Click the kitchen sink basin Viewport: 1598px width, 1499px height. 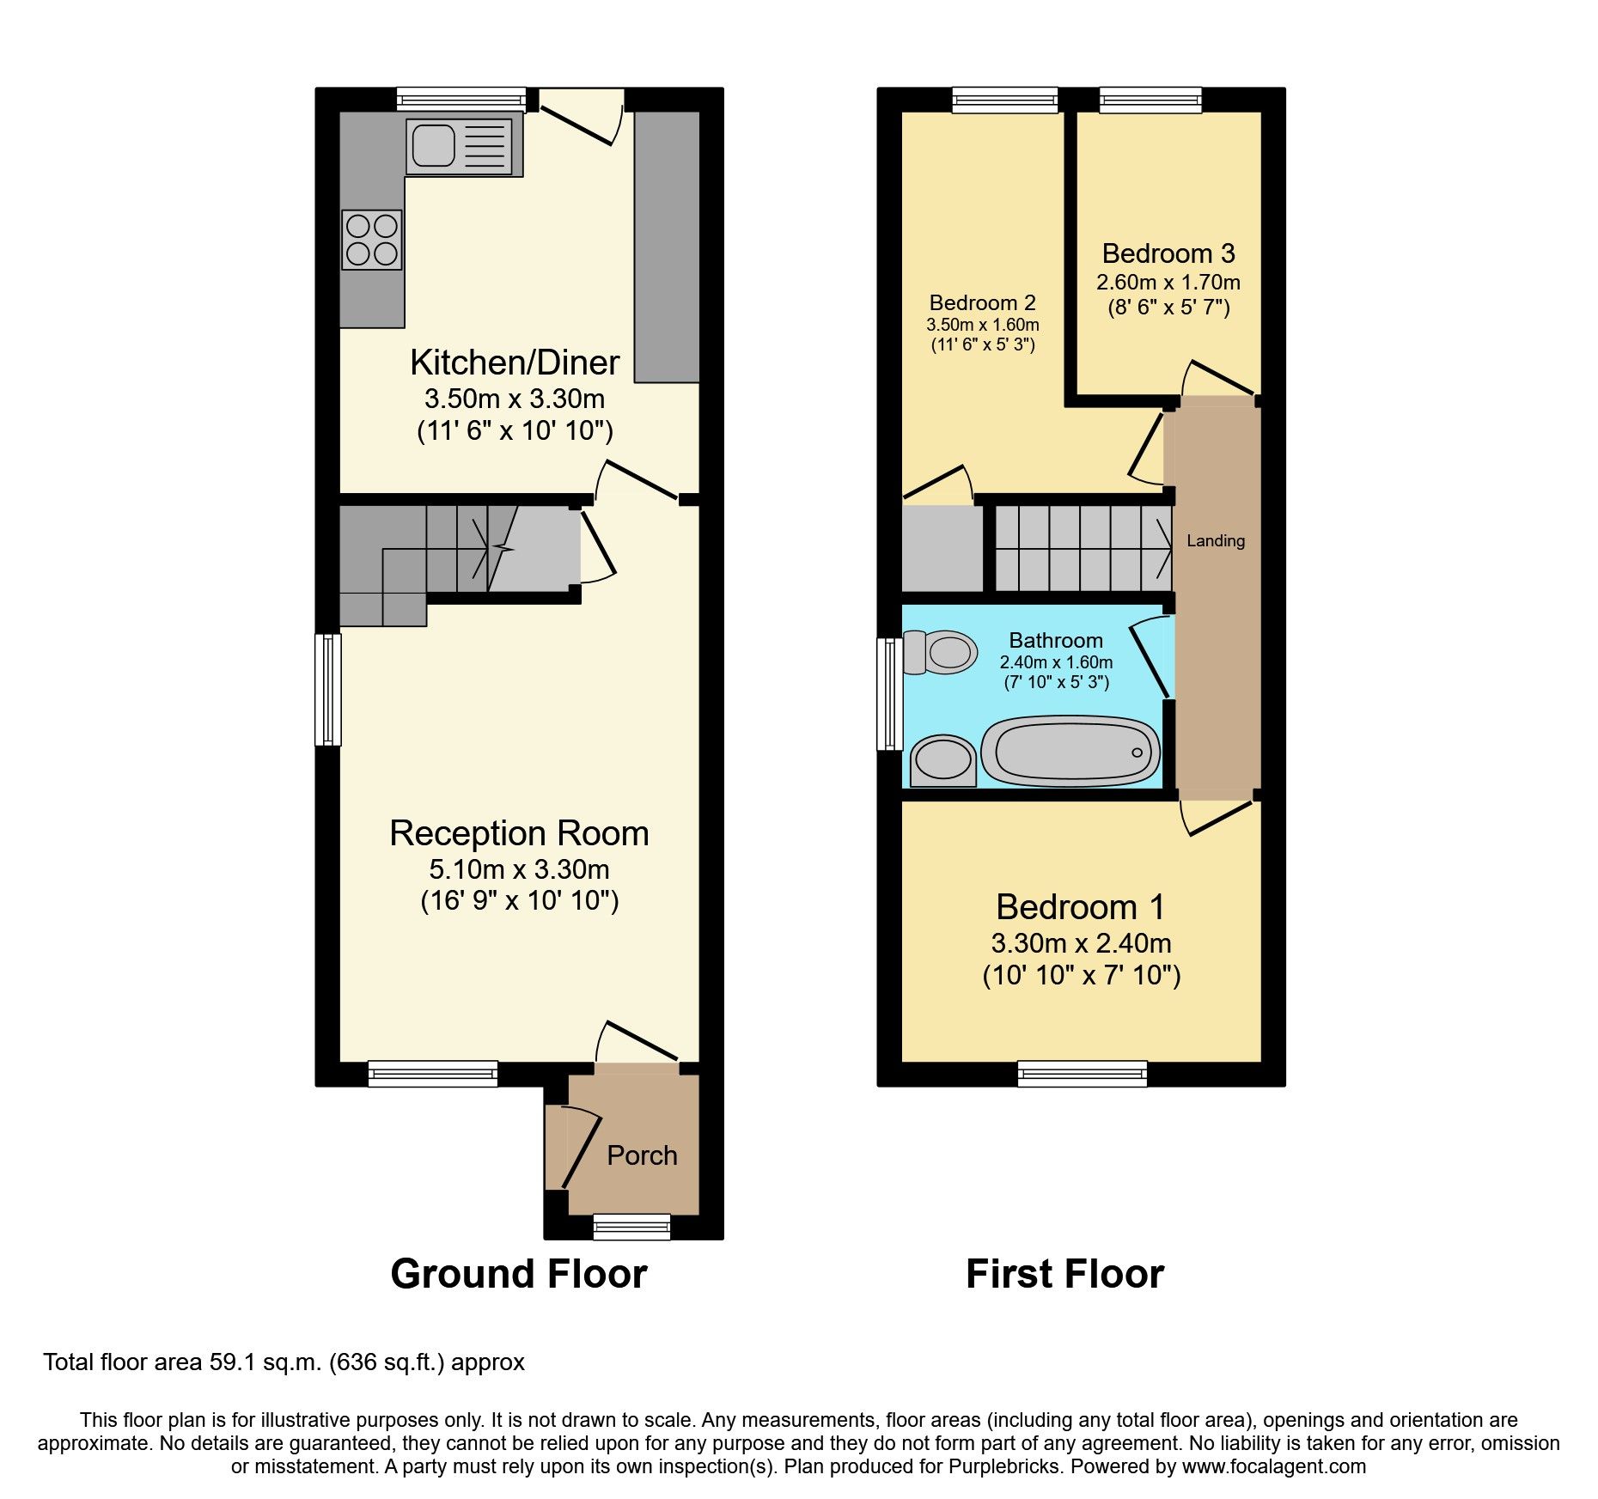coord(434,145)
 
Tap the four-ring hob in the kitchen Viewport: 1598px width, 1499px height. coord(372,240)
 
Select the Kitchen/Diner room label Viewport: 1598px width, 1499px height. coord(515,363)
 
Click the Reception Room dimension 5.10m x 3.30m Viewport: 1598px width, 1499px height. coord(519,869)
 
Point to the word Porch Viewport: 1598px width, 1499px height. coord(642,1155)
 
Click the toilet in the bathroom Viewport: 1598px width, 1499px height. coord(941,652)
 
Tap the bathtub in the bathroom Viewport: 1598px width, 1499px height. coord(1070,751)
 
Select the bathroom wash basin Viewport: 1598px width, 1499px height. coord(942,760)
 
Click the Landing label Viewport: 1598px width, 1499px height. coord(1215,540)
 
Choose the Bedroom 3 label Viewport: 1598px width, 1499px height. coord(1168,253)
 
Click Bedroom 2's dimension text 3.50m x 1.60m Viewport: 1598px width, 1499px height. coord(982,325)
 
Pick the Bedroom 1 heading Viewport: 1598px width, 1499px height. coord(1080,907)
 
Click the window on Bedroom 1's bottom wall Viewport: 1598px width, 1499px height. coord(1082,1074)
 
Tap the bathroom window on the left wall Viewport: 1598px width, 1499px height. coord(889,693)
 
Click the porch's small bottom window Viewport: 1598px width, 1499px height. coord(631,1227)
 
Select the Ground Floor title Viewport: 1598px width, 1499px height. coord(518,1274)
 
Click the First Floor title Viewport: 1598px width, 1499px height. coord(1064,1274)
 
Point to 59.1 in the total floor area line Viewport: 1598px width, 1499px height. coord(232,1362)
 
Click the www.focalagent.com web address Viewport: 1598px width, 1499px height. coord(1273,1466)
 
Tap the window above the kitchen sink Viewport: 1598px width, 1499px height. coord(461,100)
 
